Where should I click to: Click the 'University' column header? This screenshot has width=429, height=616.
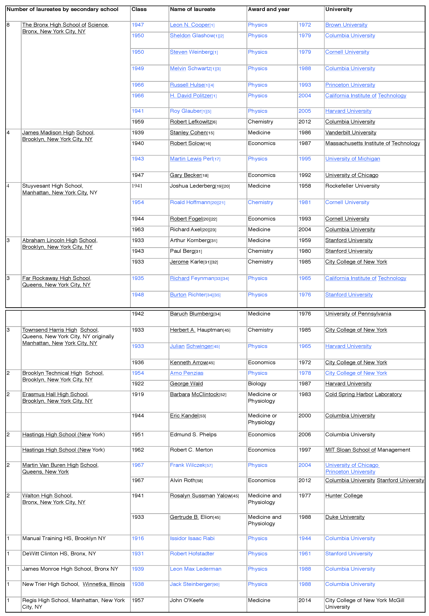pos(339,9)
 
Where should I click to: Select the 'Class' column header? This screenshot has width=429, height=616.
pos(139,9)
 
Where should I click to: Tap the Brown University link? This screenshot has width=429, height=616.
pos(346,25)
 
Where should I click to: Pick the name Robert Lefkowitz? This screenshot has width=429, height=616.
pos(191,122)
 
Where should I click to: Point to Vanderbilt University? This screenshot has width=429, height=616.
pos(351,133)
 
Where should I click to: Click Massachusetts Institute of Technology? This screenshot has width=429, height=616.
pos(372,143)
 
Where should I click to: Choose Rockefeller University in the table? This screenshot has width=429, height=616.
pos(352,186)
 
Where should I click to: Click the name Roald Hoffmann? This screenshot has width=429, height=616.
pos(190,202)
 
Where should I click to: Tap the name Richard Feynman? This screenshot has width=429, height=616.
pos(192,278)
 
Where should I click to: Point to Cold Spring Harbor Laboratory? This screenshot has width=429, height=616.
pos(363,394)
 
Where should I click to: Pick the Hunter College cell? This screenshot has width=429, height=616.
pos(344,495)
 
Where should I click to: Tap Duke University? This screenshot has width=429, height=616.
pos(345,517)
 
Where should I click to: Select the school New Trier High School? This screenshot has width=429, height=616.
pos(51,584)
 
